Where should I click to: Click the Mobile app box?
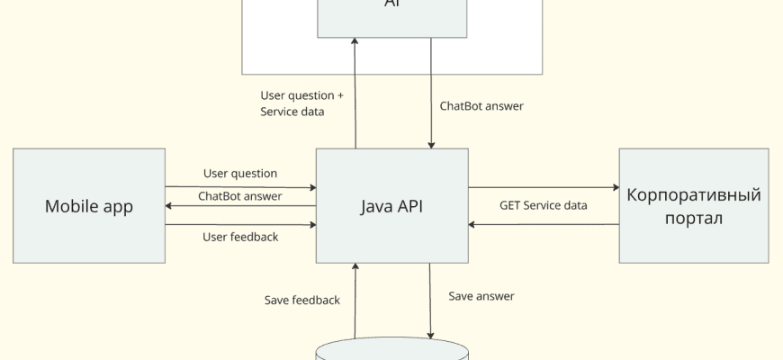coord(89,206)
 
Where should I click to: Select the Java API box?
coord(392,206)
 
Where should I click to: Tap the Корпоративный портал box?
coord(693,206)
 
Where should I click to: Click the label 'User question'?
coord(240,173)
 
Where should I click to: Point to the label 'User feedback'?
coord(240,237)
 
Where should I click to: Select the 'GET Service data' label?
coord(544,205)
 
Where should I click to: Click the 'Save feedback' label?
coord(302,300)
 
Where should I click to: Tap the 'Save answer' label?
coord(481,294)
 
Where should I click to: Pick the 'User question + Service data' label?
coord(302,103)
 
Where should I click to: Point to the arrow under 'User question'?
coord(240,188)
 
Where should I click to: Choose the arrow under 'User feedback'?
coord(240,224)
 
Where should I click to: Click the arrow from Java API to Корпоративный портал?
coord(544,188)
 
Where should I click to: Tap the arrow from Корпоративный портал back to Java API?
coord(544,224)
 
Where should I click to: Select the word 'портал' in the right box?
coord(693,219)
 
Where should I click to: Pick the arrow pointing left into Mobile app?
coord(240,206)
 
